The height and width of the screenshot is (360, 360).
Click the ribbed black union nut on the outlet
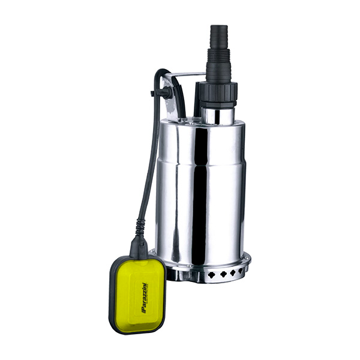pyautogui.click(x=218, y=94)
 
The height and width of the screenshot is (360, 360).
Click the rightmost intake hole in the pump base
pyautogui.click(x=241, y=271)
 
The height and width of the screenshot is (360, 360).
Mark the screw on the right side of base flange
pyautogui.click(x=247, y=259)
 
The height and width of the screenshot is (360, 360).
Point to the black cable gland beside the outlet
pyautogui.click(x=199, y=99)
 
